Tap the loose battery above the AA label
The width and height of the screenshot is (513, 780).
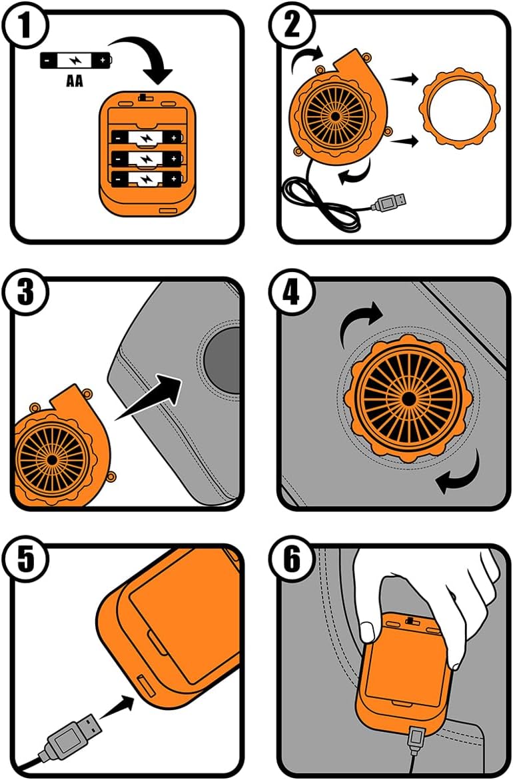click(x=75, y=61)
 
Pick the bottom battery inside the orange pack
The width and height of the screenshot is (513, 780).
click(x=146, y=179)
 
